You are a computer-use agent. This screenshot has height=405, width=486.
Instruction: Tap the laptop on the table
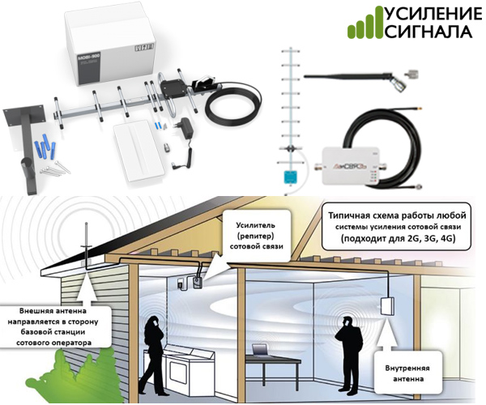click(262, 349)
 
